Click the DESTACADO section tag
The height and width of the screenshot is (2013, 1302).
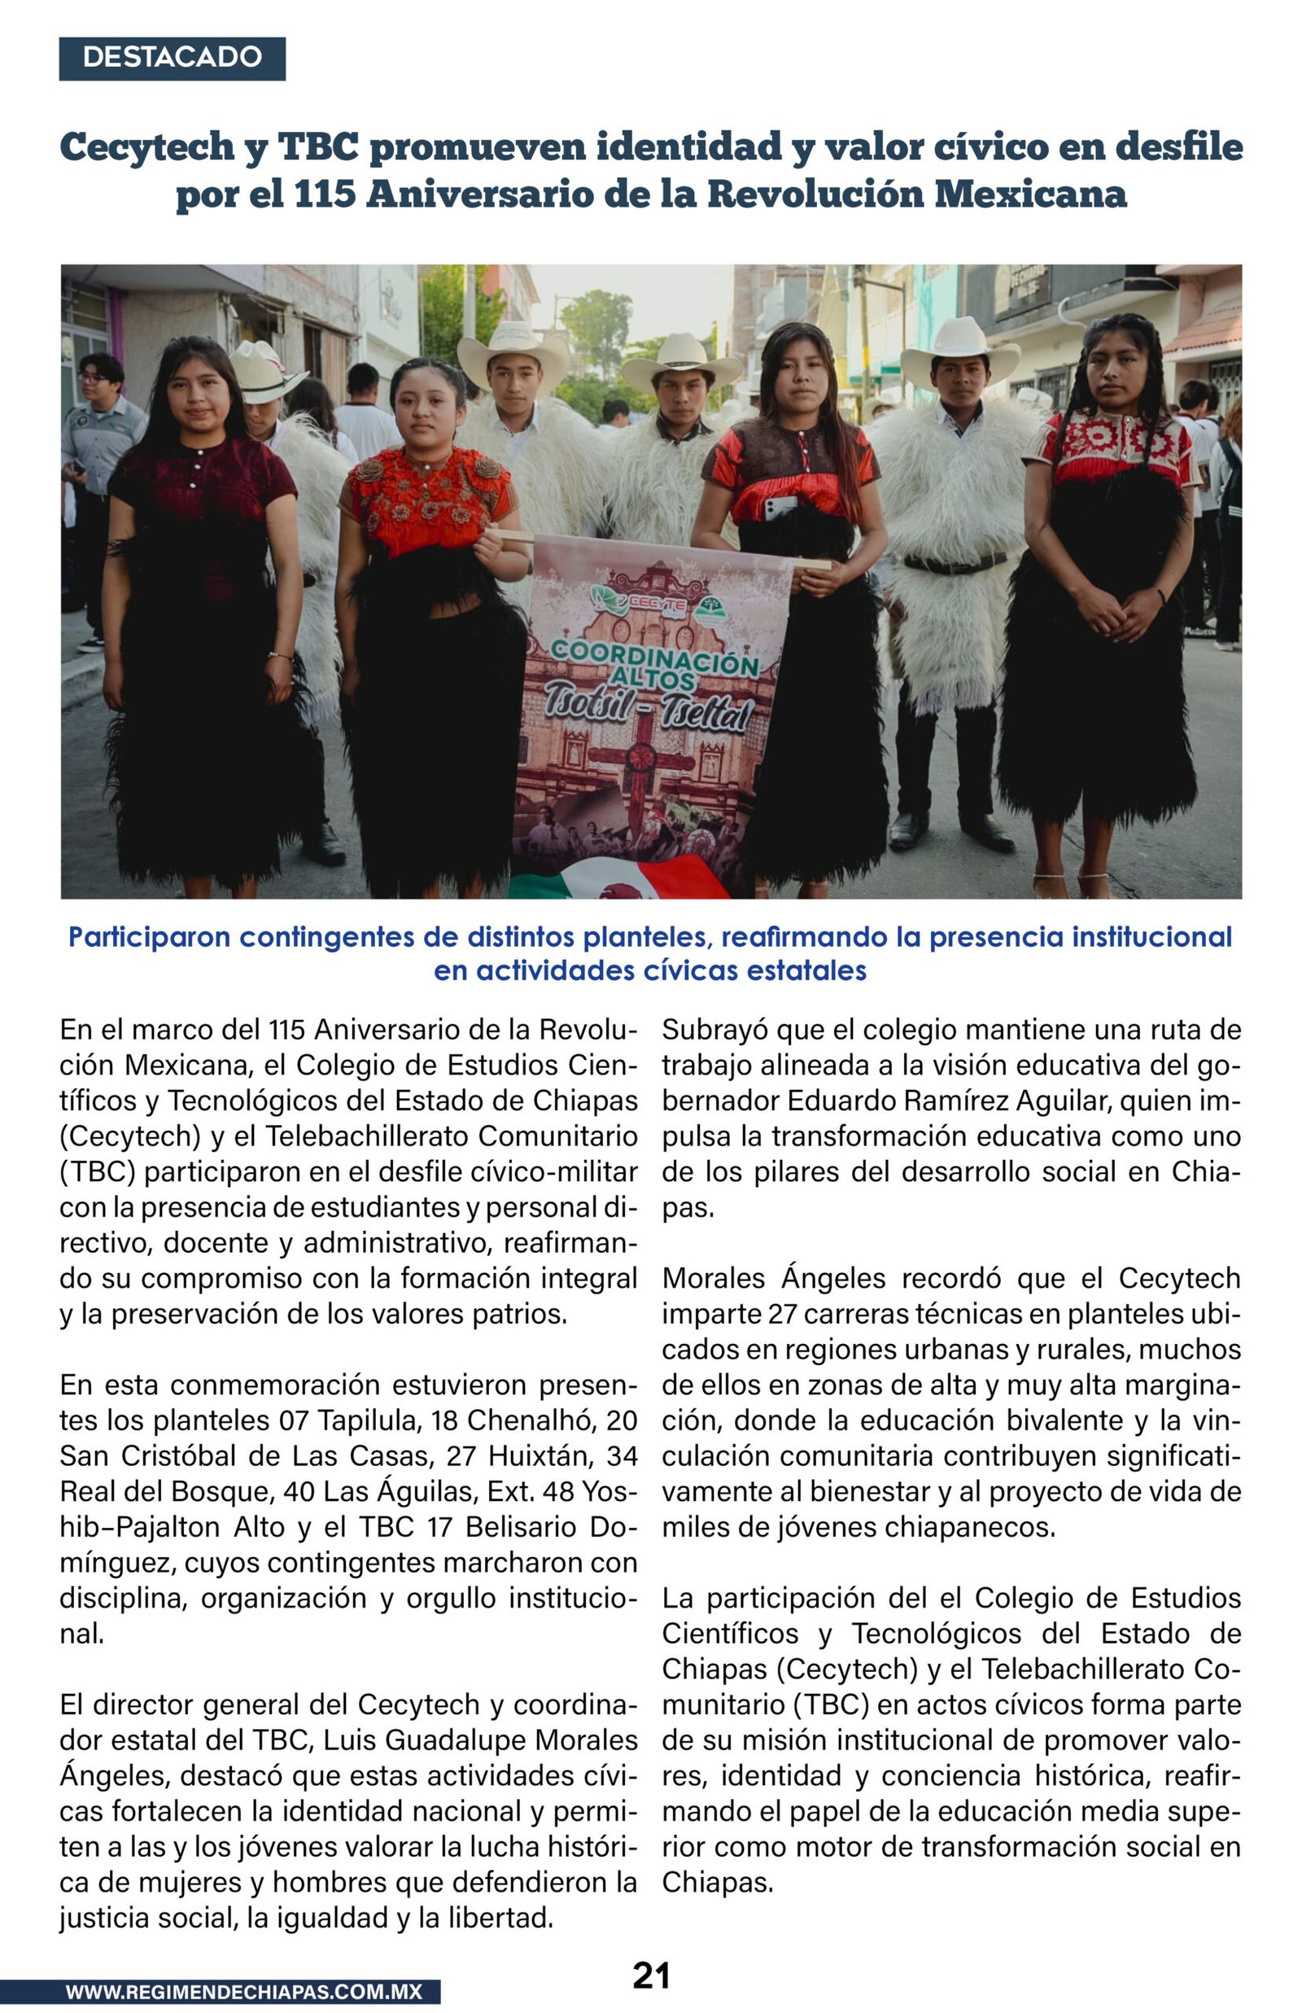click(172, 58)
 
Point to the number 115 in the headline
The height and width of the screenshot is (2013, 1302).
click(325, 195)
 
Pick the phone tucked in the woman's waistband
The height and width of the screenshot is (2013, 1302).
click(780, 507)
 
